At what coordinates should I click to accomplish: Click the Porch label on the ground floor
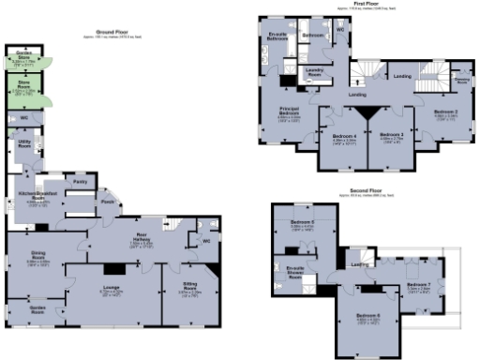tap(108, 201)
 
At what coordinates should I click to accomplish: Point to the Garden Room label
tap(37, 308)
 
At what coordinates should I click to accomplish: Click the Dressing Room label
tap(461, 82)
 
